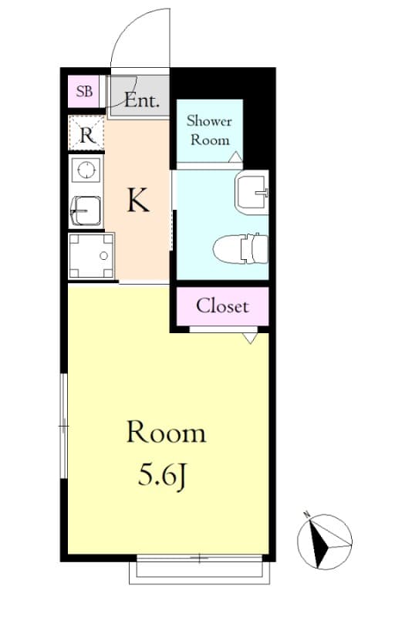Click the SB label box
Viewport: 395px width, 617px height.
[85, 93]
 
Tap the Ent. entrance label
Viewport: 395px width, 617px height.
[142, 100]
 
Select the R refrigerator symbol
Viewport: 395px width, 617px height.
[86, 136]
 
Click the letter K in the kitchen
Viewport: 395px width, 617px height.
[137, 201]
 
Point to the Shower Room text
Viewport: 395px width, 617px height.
[210, 131]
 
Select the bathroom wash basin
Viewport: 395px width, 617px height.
[252, 190]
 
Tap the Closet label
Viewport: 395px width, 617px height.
[222, 305]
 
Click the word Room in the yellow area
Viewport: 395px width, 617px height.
[166, 433]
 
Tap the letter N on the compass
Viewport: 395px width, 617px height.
[306, 514]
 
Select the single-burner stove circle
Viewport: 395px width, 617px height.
[86, 169]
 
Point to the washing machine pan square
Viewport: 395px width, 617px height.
[91, 255]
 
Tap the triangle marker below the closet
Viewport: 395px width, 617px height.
[249, 338]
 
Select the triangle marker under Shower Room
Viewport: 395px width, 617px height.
[235, 157]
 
